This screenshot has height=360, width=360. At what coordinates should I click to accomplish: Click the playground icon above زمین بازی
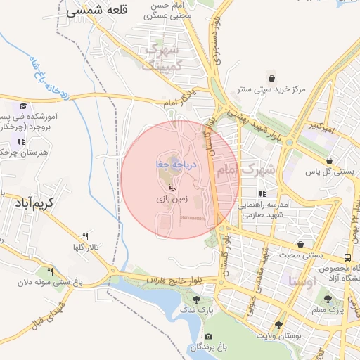tap(173, 187)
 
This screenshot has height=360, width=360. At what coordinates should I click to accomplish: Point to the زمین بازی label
tap(172, 200)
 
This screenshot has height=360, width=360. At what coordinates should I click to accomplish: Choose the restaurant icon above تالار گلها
tap(85, 236)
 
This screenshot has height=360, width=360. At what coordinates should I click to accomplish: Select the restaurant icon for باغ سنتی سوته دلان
tap(50, 271)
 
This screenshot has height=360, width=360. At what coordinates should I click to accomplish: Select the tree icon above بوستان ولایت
tap(279, 324)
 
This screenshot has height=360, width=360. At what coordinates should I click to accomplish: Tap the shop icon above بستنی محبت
tap(301, 244)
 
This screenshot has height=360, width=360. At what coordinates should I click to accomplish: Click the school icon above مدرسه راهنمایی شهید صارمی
tap(262, 193)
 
